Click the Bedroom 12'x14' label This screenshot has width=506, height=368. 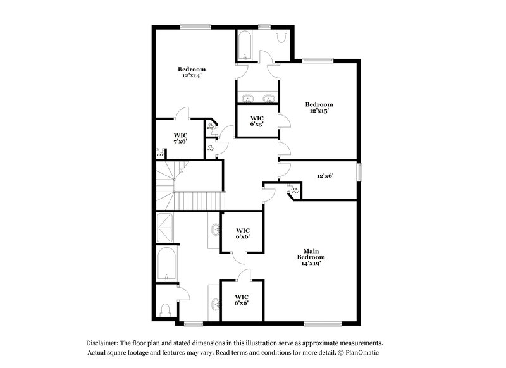click(x=191, y=72)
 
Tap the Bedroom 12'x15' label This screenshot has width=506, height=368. click(x=319, y=107)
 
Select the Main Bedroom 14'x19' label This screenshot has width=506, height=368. click(x=311, y=257)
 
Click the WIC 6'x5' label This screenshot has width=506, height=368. click(x=257, y=121)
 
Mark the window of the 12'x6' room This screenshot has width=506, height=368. click(x=360, y=173)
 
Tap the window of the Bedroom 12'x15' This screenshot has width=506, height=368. click(x=313, y=61)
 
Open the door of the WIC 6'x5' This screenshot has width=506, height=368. click(x=283, y=120)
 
